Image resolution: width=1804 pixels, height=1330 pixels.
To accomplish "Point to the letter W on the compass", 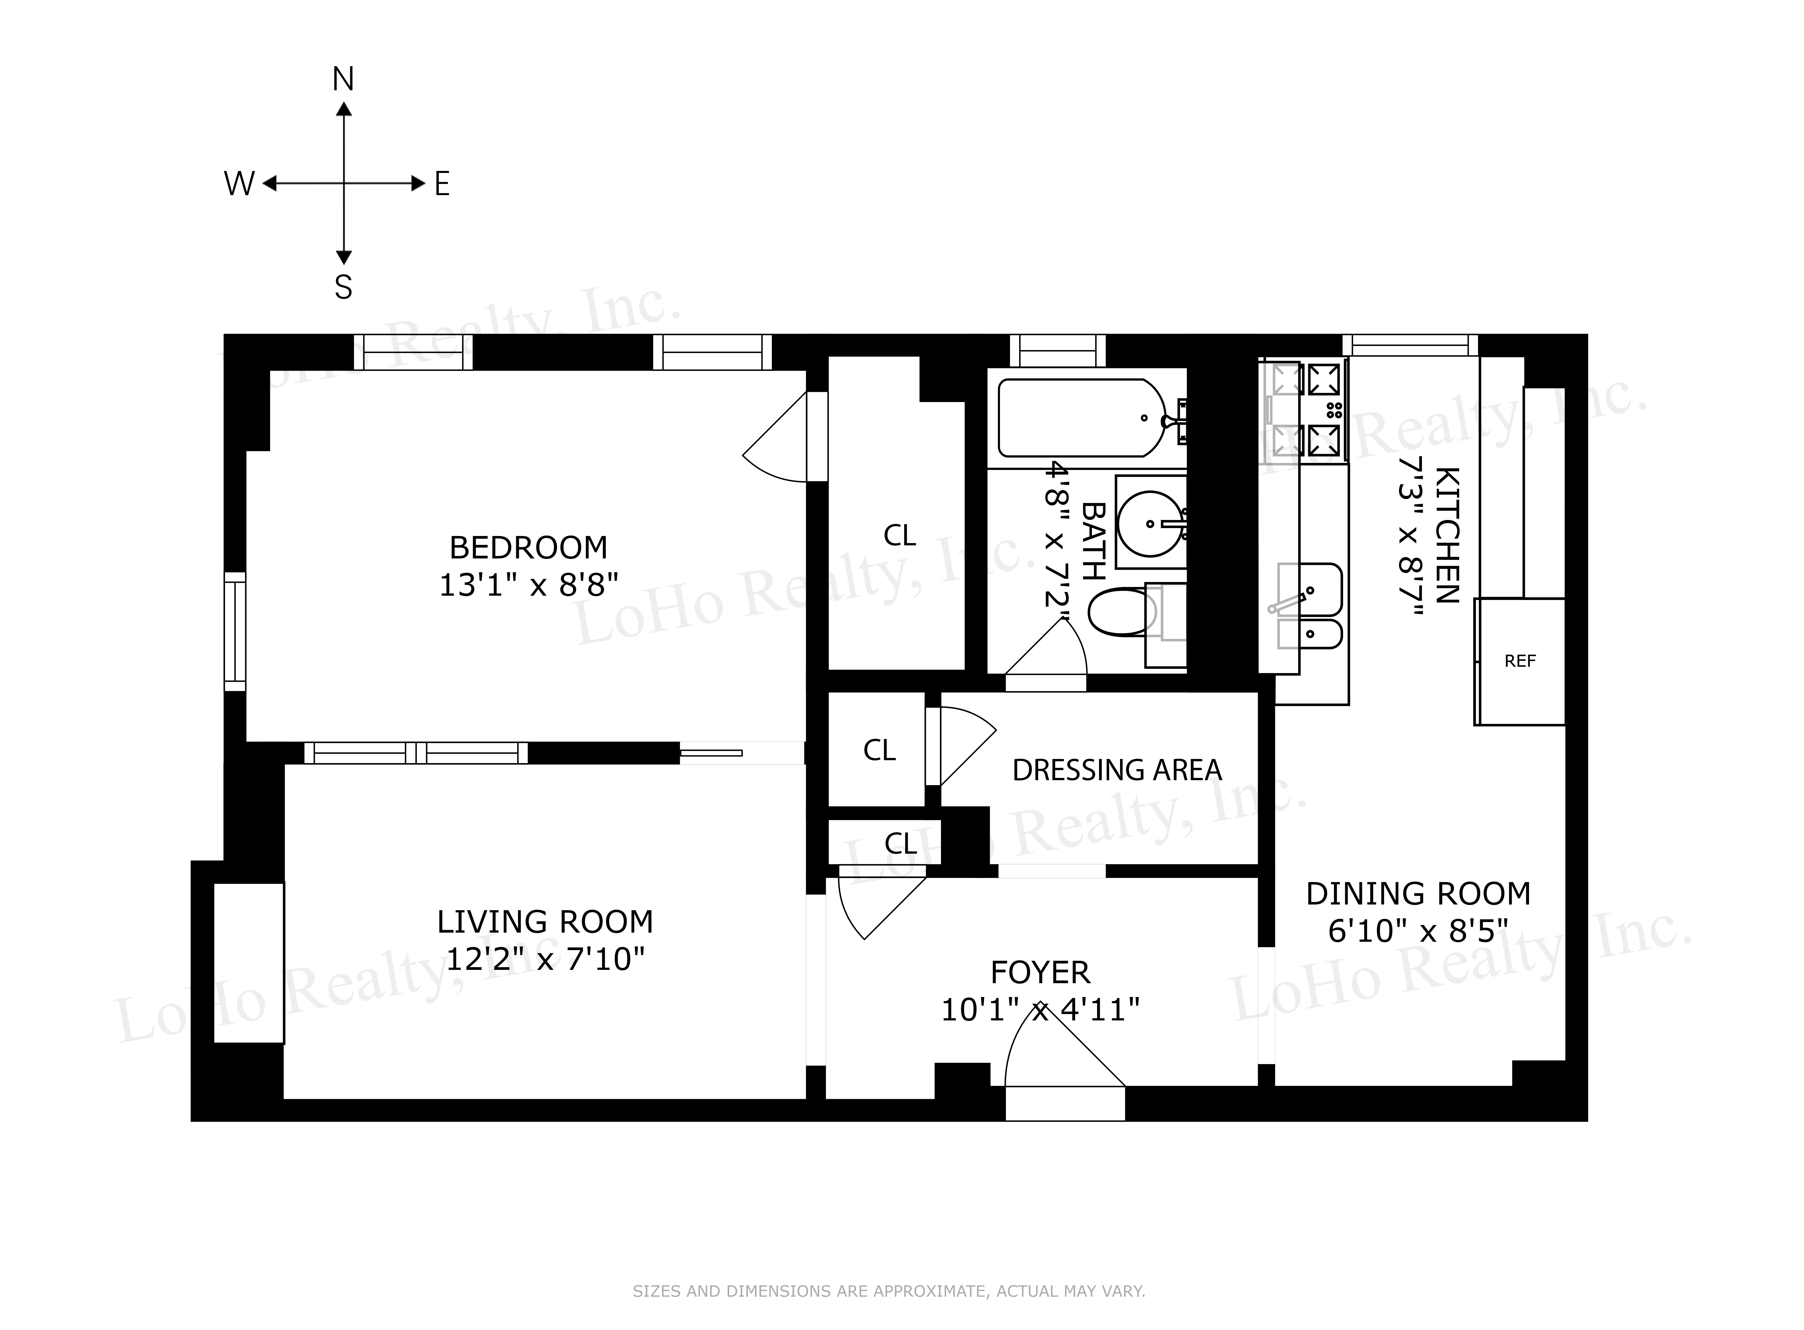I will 239,184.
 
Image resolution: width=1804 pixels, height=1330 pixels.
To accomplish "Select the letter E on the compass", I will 442,184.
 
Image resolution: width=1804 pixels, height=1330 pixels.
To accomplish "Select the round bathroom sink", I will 1150,523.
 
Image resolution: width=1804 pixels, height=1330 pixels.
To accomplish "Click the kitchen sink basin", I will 1309,589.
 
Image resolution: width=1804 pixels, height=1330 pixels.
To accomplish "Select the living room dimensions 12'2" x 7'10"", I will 545,959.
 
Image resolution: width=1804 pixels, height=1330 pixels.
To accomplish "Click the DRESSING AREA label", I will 1117,771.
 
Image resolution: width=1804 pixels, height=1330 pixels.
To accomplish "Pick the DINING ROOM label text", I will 1417,894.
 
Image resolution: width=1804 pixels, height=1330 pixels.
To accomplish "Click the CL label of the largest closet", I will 899,536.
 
